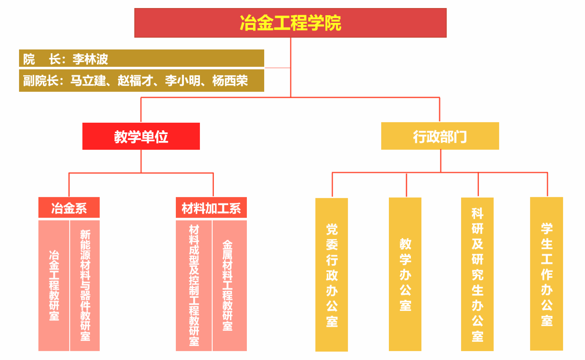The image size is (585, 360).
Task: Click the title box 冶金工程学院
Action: [290, 23]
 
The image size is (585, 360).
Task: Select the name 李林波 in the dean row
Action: [90, 59]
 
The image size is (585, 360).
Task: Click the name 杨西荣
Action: [230, 80]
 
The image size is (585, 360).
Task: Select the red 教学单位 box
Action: [141, 136]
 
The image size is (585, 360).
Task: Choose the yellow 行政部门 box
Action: [440, 136]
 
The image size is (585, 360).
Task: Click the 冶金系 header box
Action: [69, 208]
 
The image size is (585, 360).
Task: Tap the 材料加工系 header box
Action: [211, 208]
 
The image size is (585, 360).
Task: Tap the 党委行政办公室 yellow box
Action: [332, 275]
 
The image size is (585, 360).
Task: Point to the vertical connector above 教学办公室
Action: [407, 185]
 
